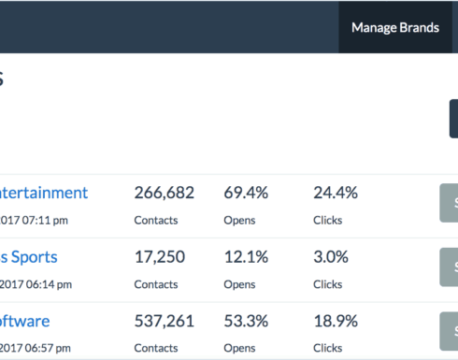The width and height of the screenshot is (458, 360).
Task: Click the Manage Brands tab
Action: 394,27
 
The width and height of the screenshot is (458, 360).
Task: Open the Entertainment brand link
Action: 44,193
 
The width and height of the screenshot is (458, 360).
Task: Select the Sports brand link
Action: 29,256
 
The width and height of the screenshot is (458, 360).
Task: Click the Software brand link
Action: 25,321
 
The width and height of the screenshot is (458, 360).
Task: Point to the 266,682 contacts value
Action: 164,193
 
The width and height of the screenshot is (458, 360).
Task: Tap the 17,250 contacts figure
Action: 160,256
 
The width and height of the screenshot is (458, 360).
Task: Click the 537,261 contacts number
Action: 164,321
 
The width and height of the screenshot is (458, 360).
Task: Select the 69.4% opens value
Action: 246,193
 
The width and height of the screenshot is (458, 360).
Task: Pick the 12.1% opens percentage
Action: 245,256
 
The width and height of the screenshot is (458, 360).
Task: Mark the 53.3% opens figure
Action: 246,321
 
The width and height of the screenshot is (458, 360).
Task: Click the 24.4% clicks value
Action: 336,193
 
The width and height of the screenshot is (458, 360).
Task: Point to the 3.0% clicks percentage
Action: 331,256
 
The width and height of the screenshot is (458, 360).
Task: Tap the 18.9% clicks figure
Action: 336,321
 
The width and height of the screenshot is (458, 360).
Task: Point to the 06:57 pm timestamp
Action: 38,348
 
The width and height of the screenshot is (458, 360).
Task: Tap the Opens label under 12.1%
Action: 239,284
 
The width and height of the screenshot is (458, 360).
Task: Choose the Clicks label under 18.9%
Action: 328,348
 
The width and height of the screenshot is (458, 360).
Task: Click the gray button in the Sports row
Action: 449,266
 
